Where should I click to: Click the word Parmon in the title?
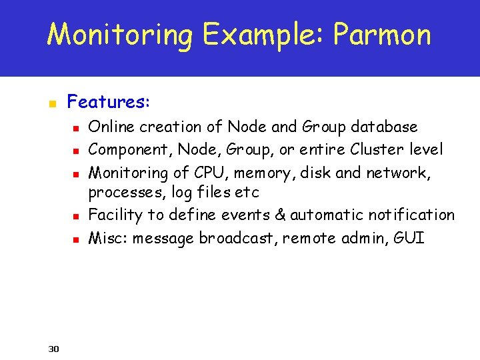[382, 35]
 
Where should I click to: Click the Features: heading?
[109, 102]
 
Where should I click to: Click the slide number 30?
[54, 348]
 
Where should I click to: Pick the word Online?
[111, 127]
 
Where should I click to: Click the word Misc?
[108, 238]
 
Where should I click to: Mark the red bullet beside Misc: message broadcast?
[77, 239]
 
